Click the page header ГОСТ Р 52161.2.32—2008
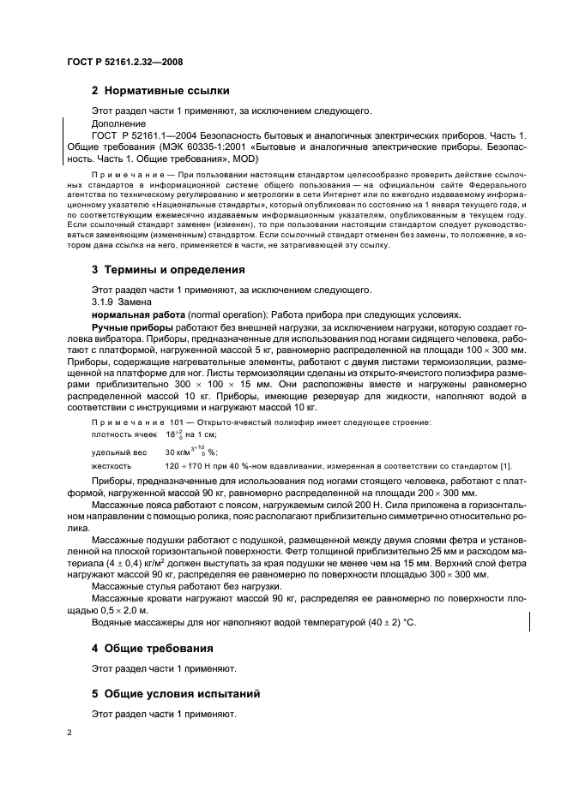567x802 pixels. (125, 62)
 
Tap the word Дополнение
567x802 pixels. (118, 123)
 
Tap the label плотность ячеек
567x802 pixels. (120, 435)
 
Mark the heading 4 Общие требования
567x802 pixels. (153, 648)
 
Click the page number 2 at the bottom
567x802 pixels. (69, 733)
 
